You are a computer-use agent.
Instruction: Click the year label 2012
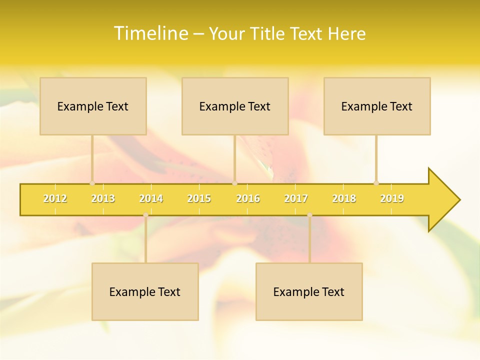(x=55, y=198)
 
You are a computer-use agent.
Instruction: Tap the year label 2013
(x=103, y=198)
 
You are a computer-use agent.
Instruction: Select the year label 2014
(x=151, y=198)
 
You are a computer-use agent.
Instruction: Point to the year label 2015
(x=199, y=198)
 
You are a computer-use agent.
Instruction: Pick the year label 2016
(x=248, y=198)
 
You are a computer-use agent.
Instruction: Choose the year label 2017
(x=296, y=198)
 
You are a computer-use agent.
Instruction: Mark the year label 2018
(x=344, y=198)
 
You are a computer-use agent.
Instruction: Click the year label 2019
(x=392, y=198)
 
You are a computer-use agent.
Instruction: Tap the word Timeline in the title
(x=150, y=33)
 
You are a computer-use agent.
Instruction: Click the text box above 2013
(x=93, y=106)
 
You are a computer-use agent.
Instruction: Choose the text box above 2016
(x=235, y=106)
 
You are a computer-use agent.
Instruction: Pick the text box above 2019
(x=377, y=106)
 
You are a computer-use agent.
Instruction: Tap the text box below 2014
(x=145, y=291)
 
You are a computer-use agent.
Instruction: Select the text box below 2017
(x=309, y=291)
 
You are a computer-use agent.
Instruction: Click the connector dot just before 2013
(x=92, y=183)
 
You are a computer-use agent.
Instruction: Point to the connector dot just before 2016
(x=234, y=183)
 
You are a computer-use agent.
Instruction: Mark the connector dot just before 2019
(x=376, y=183)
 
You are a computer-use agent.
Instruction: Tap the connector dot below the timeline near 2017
(x=309, y=215)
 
